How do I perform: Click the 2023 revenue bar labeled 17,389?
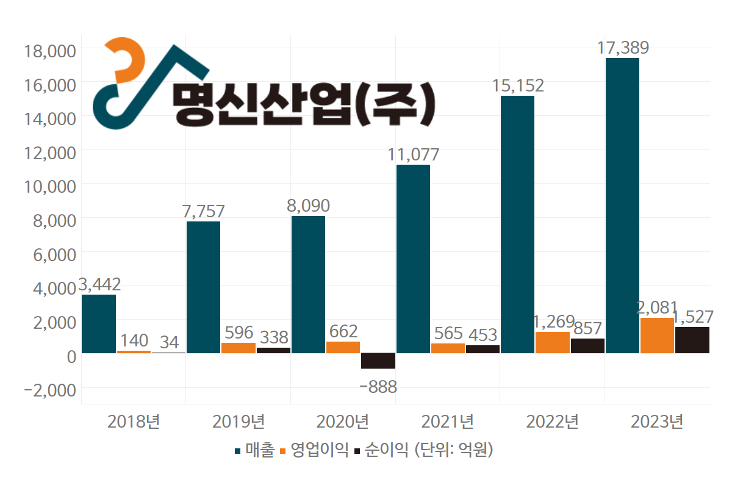[x=622, y=206]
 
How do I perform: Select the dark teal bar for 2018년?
[x=99, y=324]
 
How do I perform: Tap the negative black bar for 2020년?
[x=378, y=361]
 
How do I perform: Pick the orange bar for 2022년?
[x=552, y=342]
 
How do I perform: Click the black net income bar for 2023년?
[x=692, y=340]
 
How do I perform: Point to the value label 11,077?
[x=413, y=154]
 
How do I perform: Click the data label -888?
[x=378, y=387]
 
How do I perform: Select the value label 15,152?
[x=518, y=85]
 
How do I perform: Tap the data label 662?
[x=342, y=331]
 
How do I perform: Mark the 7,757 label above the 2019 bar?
[x=203, y=211]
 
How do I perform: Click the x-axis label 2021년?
[x=447, y=422]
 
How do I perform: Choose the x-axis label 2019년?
[x=238, y=422]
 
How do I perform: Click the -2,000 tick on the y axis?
[x=48, y=389]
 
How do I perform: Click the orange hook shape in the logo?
[x=125, y=61]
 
